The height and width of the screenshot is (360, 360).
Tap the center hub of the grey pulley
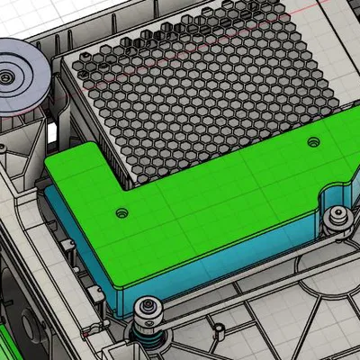pos(9,78)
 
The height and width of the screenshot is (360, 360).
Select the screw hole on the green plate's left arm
pos(121,213)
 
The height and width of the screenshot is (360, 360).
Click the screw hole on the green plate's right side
pos(313,141)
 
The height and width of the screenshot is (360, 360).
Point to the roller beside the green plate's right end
pos(337,217)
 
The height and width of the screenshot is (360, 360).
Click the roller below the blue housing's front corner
pos(147,310)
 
